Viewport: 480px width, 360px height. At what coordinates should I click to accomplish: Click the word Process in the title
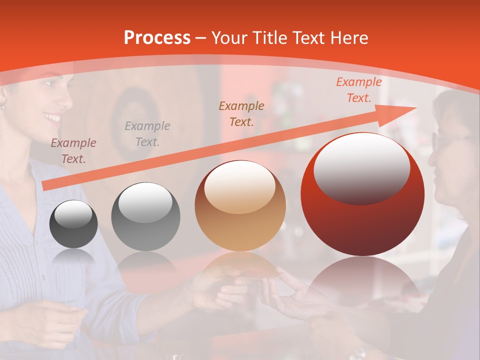tap(157, 38)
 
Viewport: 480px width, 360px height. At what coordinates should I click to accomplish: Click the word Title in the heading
tap(269, 38)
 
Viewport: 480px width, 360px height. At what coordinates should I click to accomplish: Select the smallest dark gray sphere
tap(73, 224)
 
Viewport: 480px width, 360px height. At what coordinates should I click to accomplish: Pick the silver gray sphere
tap(145, 217)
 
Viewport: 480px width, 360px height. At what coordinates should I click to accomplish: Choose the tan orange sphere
tap(240, 206)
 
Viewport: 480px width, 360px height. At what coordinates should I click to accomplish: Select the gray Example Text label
tap(147, 134)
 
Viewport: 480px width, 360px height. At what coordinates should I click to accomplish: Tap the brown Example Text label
tap(241, 113)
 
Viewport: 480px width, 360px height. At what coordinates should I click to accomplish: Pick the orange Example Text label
tap(358, 90)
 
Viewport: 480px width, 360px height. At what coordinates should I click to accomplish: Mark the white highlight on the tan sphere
tap(239, 186)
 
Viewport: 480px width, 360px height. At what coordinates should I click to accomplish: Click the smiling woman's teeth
tap(52, 118)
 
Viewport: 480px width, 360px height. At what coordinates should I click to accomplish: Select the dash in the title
tap(201, 38)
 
